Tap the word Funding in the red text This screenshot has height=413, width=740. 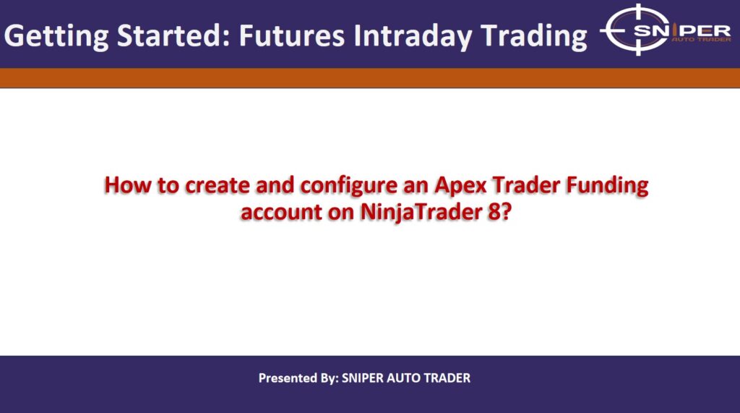click(x=608, y=186)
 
